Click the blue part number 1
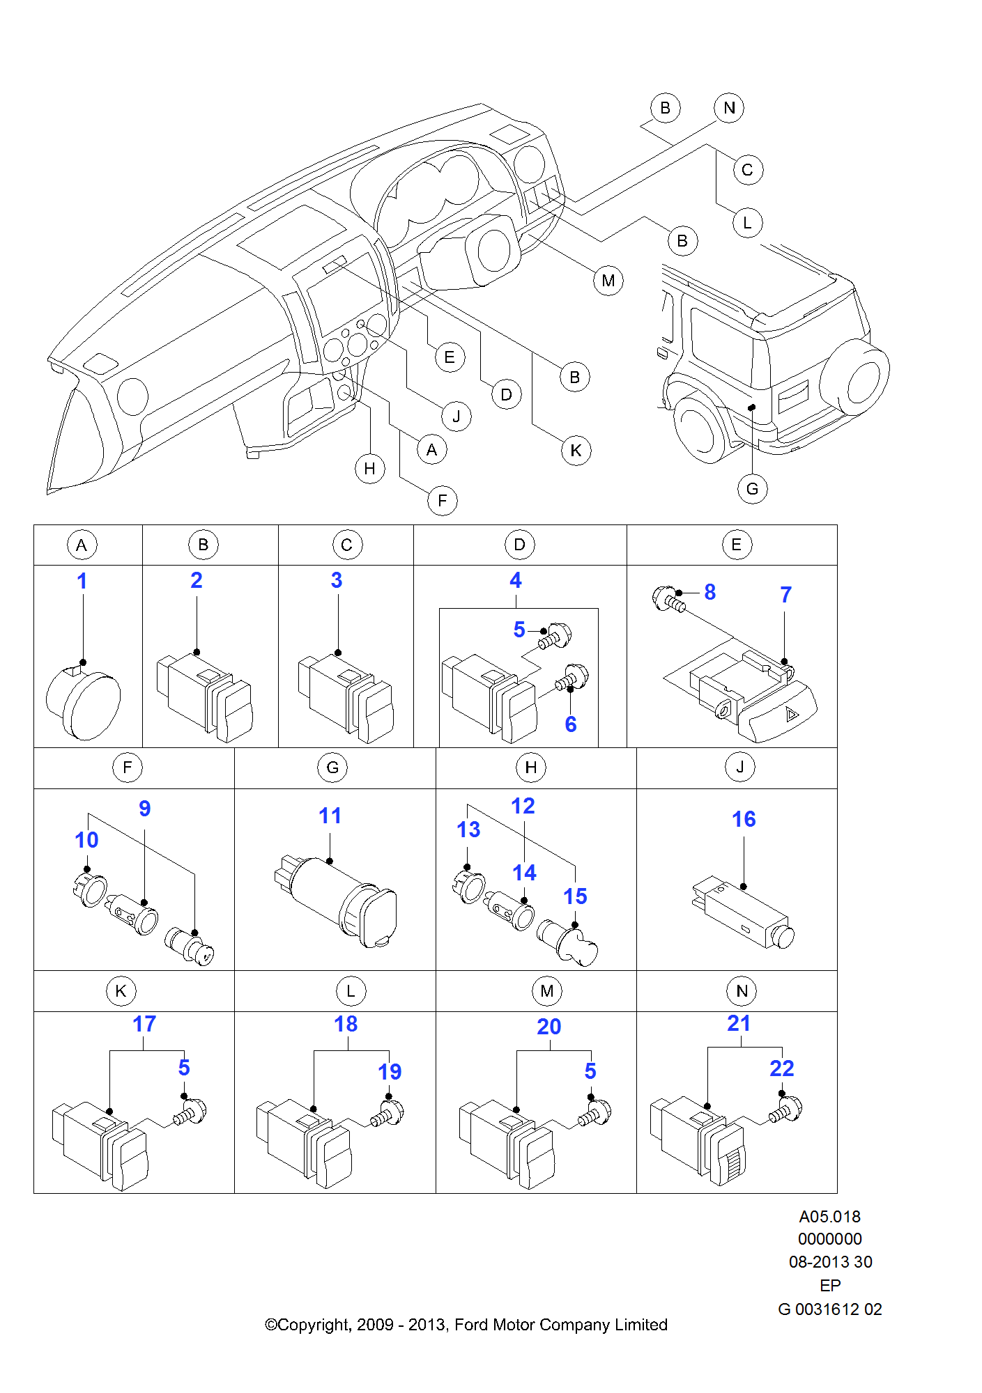pyautogui.click(x=82, y=581)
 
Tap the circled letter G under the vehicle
pyautogui.click(x=752, y=489)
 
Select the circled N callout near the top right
pyautogui.click(x=729, y=108)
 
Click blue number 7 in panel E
pyautogui.click(x=785, y=595)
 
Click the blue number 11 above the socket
pyautogui.click(x=330, y=816)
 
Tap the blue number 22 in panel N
pyautogui.click(x=781, y=1068)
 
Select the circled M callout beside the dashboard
pyautogui.click(x=608, y=281)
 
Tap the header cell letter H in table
pyautogui.click(x=531, y=768)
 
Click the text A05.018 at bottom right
pyautogui.click(x=829, y=1217)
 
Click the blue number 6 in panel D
pyautogui.click(x=571, y=724)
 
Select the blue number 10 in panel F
pyautogui.click(x=86, y=840)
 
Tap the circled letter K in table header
pyautogui.click(x=121, y=991)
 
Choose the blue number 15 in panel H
pyautogui.click(x=575, y=896)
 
